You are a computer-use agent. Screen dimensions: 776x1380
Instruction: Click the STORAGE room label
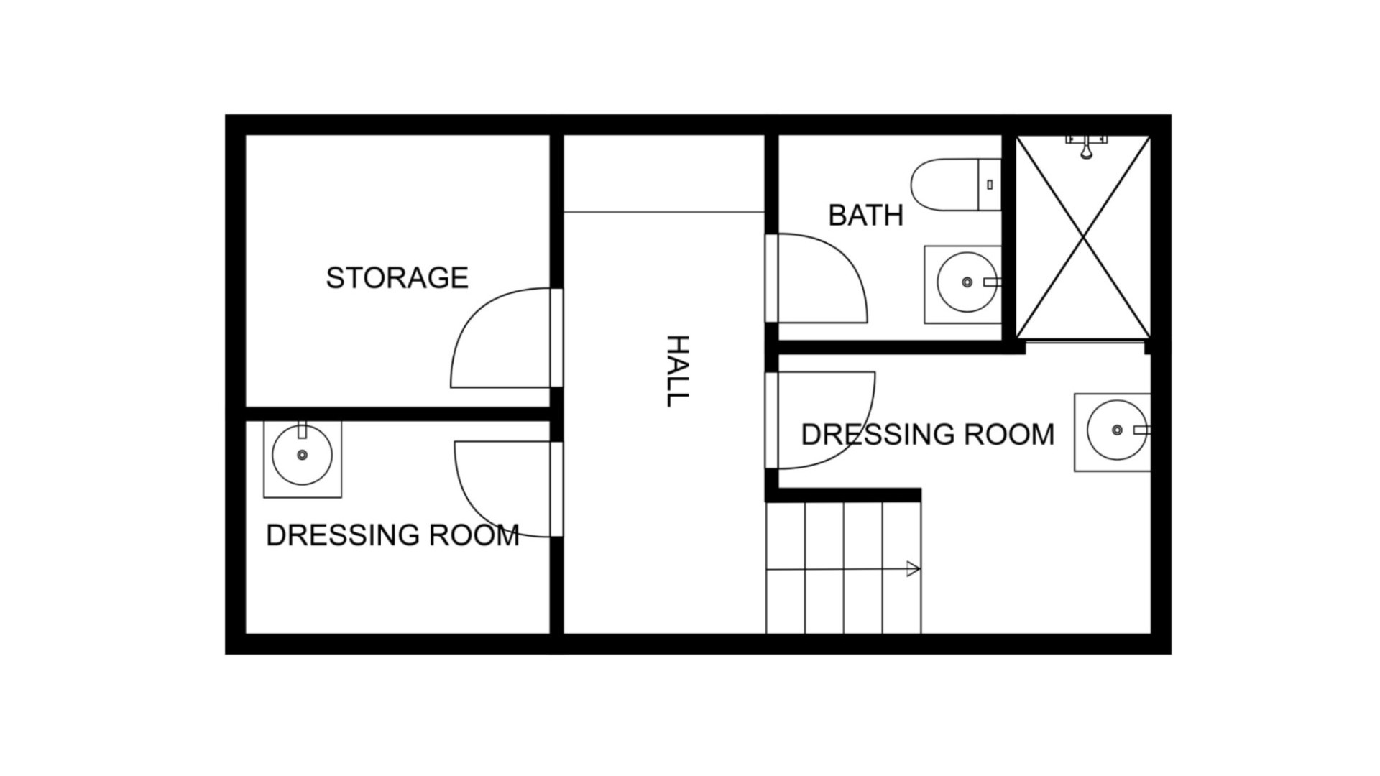point(397,278)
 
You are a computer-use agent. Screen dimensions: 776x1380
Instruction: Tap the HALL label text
point(677,371)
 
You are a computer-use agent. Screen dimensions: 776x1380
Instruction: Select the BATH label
point(865,216)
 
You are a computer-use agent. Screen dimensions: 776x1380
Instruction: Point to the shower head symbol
point(1086,148)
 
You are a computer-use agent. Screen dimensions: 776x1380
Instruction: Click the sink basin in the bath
point(967,282)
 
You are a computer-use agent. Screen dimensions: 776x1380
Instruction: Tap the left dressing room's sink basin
point(302,455)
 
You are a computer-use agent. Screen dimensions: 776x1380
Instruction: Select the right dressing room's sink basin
point(1116,430)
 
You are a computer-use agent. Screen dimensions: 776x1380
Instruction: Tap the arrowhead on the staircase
point(913,569)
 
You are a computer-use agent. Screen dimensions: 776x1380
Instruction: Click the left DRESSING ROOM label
point(392,535)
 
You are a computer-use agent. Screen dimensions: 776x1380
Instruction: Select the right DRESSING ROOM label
point(927,435)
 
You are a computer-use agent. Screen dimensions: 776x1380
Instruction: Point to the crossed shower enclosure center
point(1083,238)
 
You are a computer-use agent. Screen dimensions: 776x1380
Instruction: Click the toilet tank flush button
point(990,185)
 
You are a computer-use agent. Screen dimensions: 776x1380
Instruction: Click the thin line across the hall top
point(663,212)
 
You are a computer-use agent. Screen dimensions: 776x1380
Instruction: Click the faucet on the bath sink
point(992,282)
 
